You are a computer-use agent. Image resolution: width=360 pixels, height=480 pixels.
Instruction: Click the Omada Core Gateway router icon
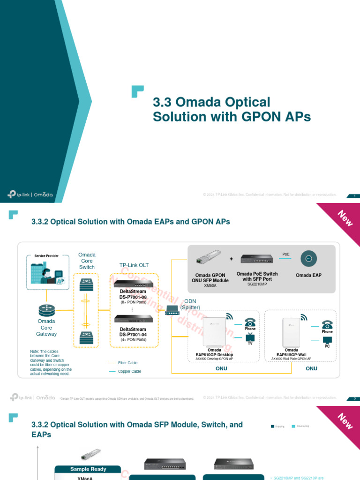click(46, 309)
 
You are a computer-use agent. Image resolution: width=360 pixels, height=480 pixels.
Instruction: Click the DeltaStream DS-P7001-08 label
click(133, 294)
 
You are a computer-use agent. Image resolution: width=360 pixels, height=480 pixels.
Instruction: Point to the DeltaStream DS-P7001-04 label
click(133, 332)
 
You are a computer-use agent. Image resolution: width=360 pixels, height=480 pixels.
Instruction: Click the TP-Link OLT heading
click(134, 265)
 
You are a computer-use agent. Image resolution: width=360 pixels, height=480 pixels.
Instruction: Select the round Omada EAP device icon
click(308, 259)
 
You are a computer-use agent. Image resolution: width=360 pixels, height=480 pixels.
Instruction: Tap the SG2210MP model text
click(257, 284)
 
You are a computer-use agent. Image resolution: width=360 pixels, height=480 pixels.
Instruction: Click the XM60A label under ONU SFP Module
click(210, 285)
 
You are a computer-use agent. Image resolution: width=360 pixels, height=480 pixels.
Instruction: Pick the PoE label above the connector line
click(286, 254)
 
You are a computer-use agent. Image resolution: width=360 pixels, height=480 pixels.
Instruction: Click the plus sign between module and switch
click(231, 259)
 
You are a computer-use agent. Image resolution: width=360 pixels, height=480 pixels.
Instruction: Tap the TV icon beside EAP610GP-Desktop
click(250, 337)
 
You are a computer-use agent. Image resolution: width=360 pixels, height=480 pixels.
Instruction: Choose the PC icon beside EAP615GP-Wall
click(327, 340)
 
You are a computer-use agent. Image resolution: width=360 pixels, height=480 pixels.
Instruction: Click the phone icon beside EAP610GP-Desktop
click(250, 322)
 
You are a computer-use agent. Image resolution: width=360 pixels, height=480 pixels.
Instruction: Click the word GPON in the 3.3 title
click(259, 117)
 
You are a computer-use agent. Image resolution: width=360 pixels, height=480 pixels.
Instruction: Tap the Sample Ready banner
click(88, 469)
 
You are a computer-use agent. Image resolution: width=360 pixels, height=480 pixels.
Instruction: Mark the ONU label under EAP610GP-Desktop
click(221, 368)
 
